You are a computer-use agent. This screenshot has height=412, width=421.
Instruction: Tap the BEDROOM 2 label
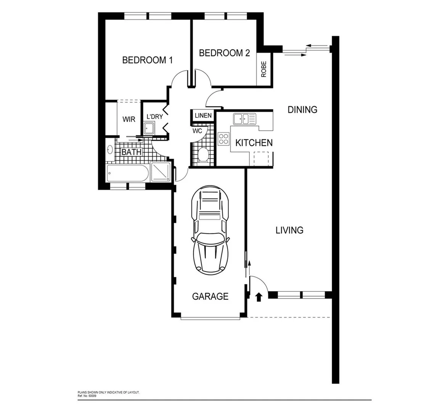(x=224, y=53)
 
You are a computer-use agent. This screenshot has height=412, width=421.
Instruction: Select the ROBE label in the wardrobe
(x=264, y=69)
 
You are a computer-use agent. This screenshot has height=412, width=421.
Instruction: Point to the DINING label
(x=302, y=110)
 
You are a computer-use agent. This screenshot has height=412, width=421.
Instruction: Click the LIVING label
(x=289, y=230)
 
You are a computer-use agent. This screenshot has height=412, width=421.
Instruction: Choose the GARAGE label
(x=210, y=296)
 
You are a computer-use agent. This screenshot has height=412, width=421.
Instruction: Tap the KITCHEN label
(x=254, y=143)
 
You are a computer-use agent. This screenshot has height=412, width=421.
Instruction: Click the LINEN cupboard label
(x=203, y=116)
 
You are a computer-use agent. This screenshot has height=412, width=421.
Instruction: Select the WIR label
(x=129, y=119)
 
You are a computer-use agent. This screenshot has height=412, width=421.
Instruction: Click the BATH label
(x=131, y=152)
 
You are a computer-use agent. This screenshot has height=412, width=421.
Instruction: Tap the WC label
(x=197, y=131)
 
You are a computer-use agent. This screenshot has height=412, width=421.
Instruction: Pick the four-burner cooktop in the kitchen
(x=223, y=139)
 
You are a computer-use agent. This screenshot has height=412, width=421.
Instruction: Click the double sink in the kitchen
(x=241, y=118)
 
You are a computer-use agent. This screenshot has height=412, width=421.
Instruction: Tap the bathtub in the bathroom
(x=127, y=174)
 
